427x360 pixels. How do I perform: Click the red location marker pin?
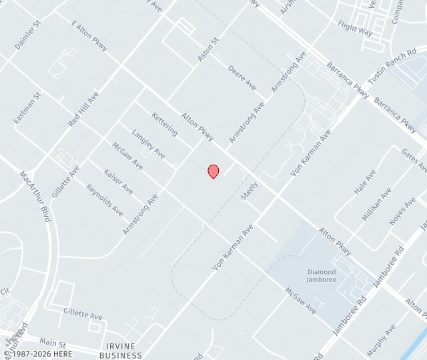(x=213, y=171)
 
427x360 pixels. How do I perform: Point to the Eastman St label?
(x=27, y=108)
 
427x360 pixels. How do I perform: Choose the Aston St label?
(x=208, y=50)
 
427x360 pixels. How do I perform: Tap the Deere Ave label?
(x=242, y=77)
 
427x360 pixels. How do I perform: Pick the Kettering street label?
(x=165, y=124)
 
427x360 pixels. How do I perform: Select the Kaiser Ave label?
(x=119, y=181)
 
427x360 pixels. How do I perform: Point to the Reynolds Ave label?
(x=105, y=199)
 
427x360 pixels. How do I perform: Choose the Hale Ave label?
(x=365, y=181)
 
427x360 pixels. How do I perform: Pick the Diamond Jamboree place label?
(x=322, y=276)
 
